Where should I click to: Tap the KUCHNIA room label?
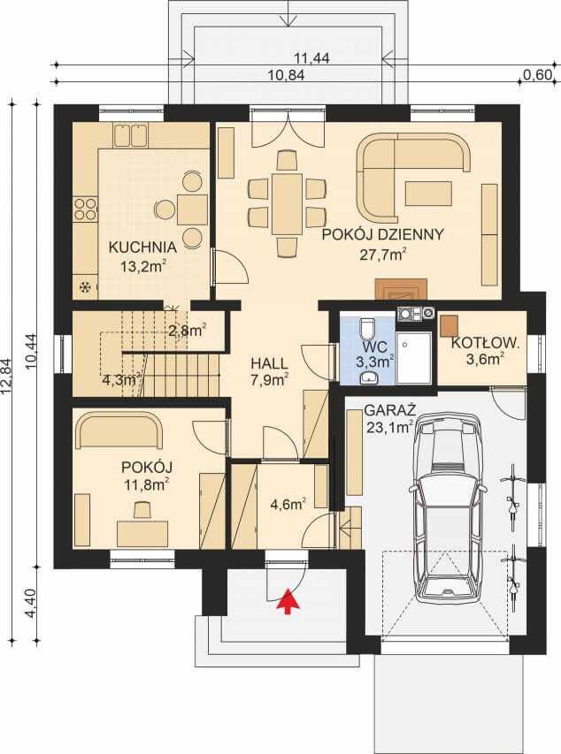tap(142, 248)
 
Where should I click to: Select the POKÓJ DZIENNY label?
tap(382, 234)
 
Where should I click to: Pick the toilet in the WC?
tap(367, 327)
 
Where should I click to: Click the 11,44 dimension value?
tap(312, 58)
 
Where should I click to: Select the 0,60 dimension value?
tap(536, 75)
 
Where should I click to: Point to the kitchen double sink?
tap(130, 135)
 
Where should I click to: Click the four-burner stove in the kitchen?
tap(85, 209)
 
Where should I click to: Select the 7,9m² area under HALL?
tap(270, 380)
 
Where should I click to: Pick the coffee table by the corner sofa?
tap(428, 194)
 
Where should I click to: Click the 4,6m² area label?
tap(288, 504)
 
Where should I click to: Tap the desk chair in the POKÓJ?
tap(142, 510)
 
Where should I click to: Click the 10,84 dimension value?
tap(287, 75)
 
